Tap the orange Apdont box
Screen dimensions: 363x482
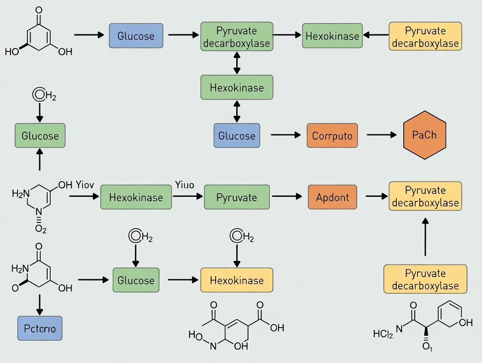332,197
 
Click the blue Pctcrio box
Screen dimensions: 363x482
40,328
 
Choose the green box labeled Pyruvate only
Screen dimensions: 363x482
237,197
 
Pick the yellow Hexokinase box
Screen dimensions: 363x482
237,280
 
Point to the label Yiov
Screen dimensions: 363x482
85,185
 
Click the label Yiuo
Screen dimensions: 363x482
184,185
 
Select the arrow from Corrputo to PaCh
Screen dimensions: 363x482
382,135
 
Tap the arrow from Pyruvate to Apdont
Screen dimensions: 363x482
286,197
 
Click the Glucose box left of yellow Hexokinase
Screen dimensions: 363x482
136,280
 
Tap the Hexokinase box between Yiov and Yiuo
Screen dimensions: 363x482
136,197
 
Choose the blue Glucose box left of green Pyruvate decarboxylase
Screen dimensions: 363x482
136,35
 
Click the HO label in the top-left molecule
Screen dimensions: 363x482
12,52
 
